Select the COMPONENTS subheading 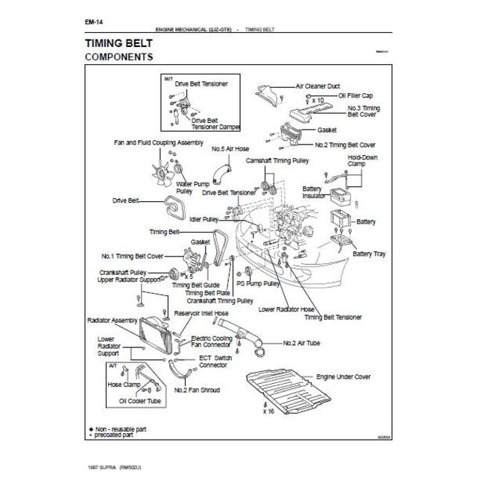tap(119, 57)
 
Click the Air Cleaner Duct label tap(319, 86)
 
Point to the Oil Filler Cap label tap(356, 96)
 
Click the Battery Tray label tap(369, 254)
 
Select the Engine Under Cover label tap(344, 378)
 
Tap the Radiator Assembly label tap(113, 320)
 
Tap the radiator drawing tap(159, 332)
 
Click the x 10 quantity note tap(318, 100)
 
